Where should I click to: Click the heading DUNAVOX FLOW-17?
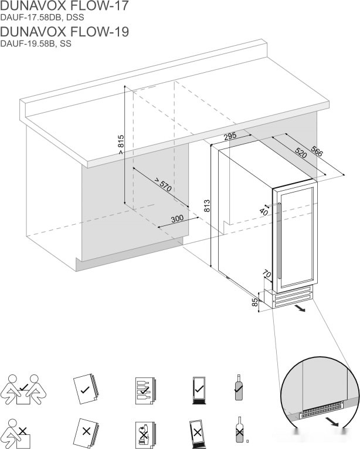coord(64,6)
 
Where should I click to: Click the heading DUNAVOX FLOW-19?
coord(64,31)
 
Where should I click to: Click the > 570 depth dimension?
coord(162,185)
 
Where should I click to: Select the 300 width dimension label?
coord(176,218)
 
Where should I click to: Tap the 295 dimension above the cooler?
coord(230,136)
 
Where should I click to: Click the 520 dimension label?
coord(300,154)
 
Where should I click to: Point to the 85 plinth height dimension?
coord(254,303)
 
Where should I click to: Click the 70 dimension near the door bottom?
coord(267,274)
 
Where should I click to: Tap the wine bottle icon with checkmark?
coord(239,387)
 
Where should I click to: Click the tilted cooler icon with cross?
coord(197,433)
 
